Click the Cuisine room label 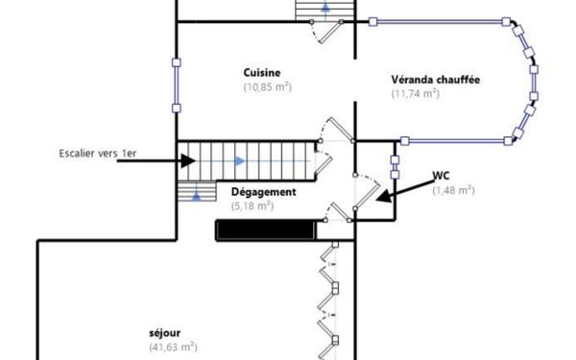click(x=261, y=72)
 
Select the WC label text click(x=441, y=176)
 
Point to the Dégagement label click(x=263, y=191)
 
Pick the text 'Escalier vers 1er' click(x=96, y=153)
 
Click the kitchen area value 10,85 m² click(x=266, y=86)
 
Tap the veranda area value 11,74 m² click(x=415, y=93)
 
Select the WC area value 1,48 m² click(x=452, y=190)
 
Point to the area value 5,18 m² click(x=252, y=205)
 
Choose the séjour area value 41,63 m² click(x=173, y=347)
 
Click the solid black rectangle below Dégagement click(x=265, y=229)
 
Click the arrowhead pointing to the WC click(x=382, y=200)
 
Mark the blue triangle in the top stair click(x=326, y=10)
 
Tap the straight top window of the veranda click(x=437, y=20)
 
